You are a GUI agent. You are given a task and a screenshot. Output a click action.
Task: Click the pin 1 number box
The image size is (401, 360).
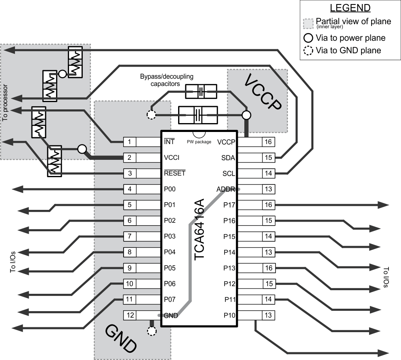pos(129,142)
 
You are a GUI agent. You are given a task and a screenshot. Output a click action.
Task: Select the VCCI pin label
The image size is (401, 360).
pos(171,158)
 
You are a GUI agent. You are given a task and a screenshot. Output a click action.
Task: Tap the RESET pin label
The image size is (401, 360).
pos(174,174)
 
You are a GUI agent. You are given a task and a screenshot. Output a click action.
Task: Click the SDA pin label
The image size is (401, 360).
pos(229,158)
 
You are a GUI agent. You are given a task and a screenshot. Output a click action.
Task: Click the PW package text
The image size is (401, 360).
pos(199,142)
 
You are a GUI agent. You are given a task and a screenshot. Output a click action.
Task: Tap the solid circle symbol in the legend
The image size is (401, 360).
pos(309,38)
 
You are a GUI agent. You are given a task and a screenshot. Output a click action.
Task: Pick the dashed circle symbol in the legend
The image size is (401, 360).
pos(309,51)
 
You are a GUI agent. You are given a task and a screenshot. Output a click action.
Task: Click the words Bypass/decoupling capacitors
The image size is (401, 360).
pos(166,80)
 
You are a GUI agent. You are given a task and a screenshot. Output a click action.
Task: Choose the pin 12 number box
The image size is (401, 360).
pos(129,315)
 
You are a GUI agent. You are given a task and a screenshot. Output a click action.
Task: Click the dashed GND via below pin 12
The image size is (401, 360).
pos(151,331)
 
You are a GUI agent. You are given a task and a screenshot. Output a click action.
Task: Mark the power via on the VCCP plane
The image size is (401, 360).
pos(246,115)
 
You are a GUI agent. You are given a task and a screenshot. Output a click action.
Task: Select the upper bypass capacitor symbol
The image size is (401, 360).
pos(200,92)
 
